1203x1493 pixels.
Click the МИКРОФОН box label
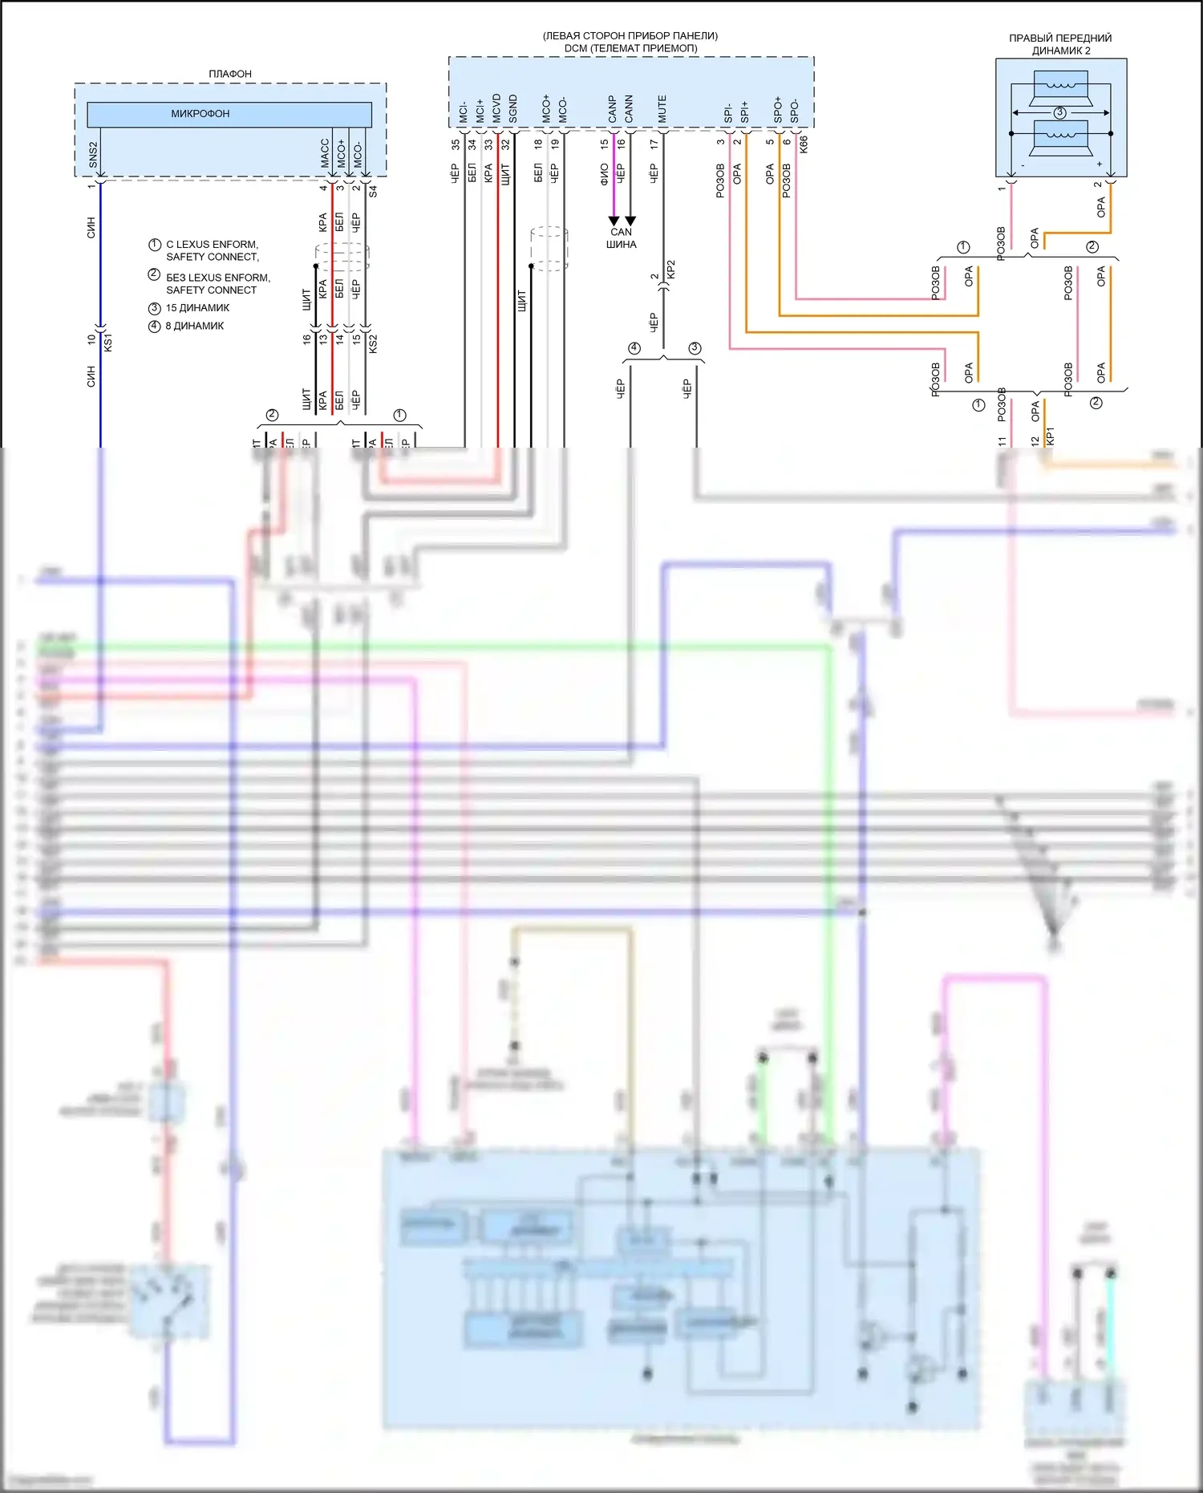pos(200,114)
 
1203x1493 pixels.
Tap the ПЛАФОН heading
pos(230,74)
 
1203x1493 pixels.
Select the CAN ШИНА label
pos(622,238)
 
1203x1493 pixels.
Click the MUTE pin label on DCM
pos(662,109)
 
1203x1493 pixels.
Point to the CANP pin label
pos(613,109)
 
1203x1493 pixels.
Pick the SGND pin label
pos(513,109)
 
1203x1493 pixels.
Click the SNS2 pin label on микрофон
pos(93,155)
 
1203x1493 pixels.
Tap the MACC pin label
pos(325,153)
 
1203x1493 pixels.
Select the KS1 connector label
pos(108,342)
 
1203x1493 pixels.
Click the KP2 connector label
pos(671,270)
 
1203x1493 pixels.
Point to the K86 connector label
pos(804,144)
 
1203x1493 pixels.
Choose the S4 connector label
pos(373,192)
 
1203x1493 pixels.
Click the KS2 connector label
pos(373,343)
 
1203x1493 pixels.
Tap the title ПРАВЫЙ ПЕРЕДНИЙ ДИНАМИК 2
pos(1060,44)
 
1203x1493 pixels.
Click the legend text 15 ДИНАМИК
pos(197,308)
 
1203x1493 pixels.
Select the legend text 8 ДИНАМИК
pos(195,326)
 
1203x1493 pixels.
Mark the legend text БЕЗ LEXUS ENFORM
pos(218,278)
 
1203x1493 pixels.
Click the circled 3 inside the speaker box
pos(1059,113)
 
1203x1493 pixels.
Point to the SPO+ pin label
pos(778,110)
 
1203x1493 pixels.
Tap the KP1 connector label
pos(1051,436)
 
